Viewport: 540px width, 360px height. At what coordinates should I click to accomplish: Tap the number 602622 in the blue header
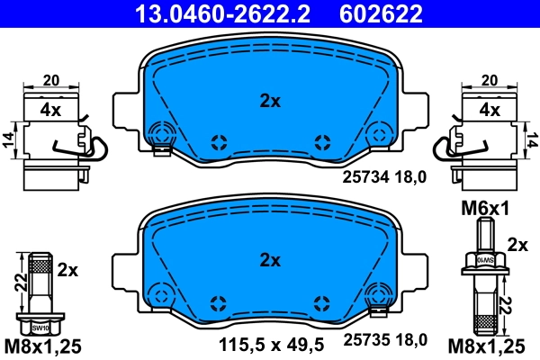click(x=380, y=13)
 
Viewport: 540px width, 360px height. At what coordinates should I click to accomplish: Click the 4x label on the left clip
click(x=49, y=111)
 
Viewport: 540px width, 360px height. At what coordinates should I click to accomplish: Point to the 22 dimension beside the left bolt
click(x=20, y=282)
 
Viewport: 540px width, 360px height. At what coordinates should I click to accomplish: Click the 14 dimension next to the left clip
click(x=8, y=139)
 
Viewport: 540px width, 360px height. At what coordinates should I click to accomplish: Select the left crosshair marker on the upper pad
click(x=217, y=140)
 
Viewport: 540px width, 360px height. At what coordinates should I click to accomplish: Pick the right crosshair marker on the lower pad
click(x=321, y=301)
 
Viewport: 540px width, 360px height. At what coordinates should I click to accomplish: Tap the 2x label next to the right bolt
click(x=517, y=244)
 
